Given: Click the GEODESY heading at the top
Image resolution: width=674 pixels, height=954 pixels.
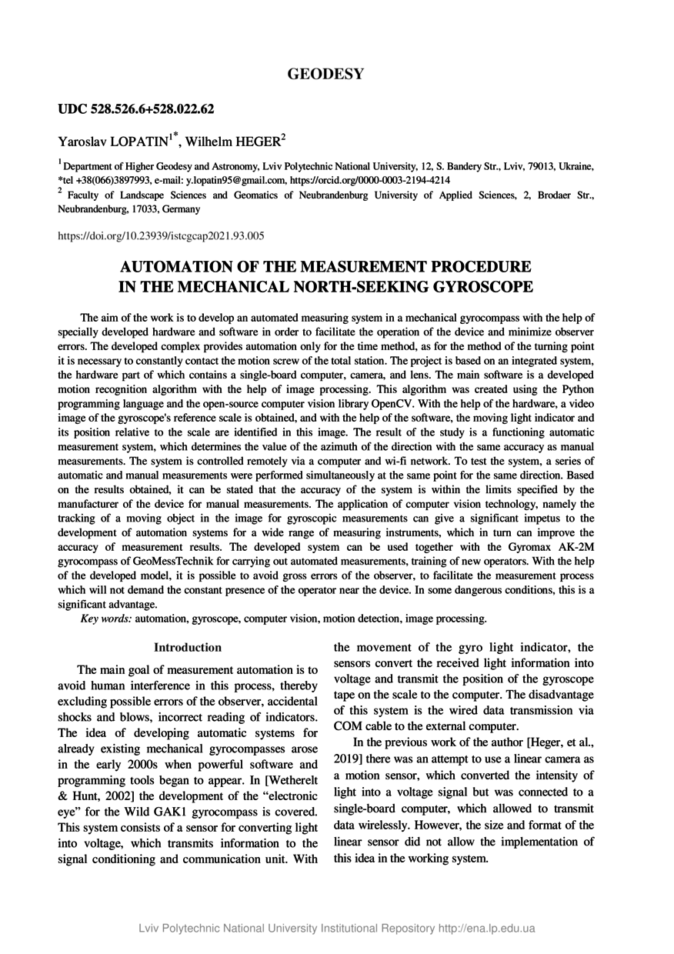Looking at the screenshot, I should pyautogui.click(x=325, y=74).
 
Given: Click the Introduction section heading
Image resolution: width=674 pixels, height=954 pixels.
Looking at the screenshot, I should pyautogui.click(x=188, y=648).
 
